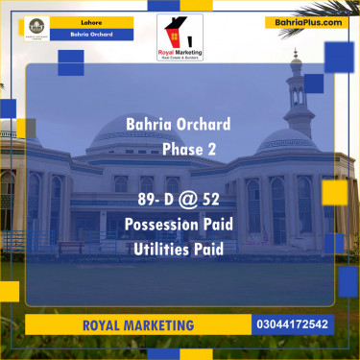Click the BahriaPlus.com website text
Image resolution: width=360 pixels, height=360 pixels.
click(x=304, y=21)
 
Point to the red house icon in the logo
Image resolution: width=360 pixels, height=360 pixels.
click(x=172, y=33)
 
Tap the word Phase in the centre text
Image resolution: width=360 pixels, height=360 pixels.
click(x=182, y=149)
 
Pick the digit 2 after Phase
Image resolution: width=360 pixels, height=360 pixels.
click(x=213, y=149)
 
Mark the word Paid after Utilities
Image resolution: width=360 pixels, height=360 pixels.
click(x=208, y=249)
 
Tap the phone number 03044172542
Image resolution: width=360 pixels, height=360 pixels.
click(x=294, y=324)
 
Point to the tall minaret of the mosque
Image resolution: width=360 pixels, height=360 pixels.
click(x=298, y=106)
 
